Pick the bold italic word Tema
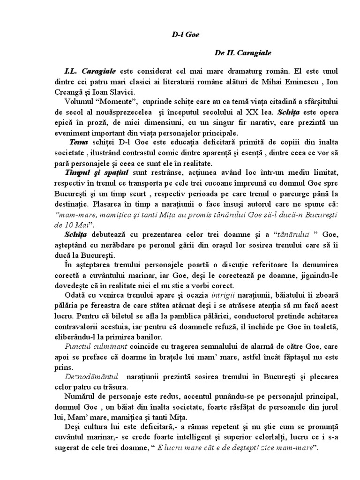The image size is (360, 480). [78, 142]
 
